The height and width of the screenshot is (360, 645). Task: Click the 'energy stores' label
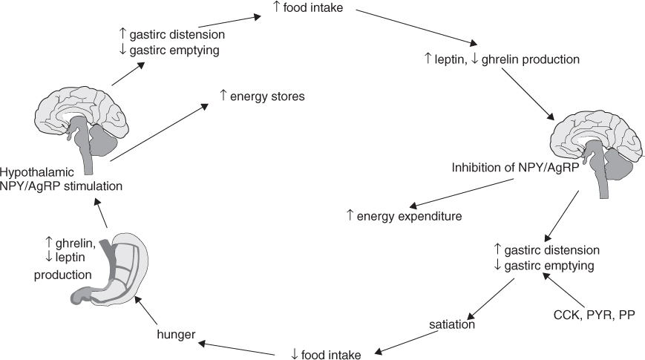coord(262,96)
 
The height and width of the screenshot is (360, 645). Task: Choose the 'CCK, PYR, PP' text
coord(594,313)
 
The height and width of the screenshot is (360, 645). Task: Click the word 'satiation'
coord(452,324)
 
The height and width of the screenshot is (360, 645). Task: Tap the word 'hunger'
coord(177,334)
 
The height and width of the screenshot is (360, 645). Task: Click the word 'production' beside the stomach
coord(63,274)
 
